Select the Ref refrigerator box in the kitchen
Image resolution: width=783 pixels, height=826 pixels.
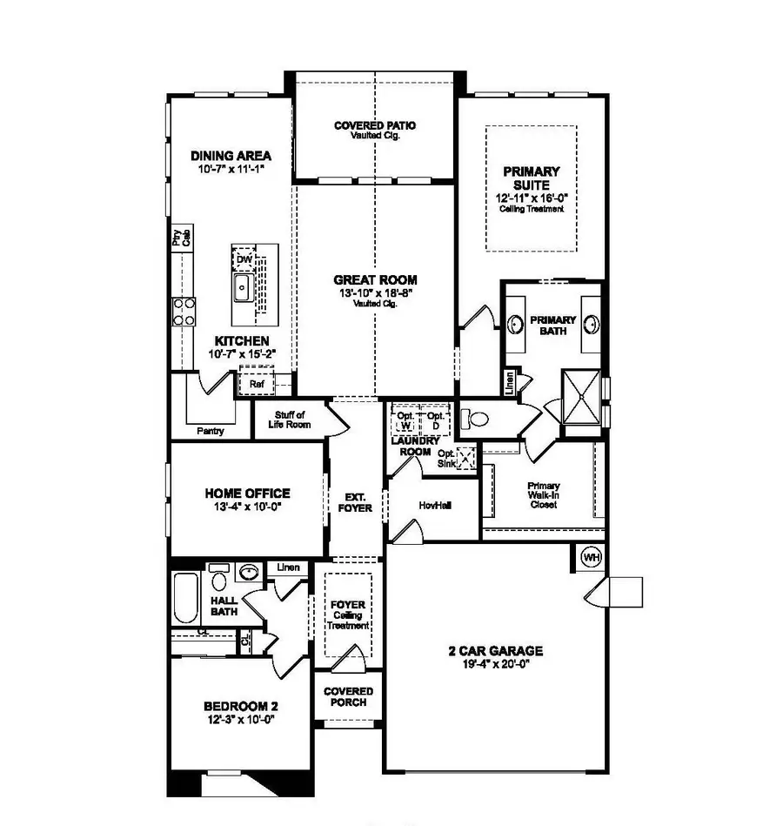257,383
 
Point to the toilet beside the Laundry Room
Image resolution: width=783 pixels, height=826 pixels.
475,420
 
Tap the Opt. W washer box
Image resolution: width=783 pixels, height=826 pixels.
404,420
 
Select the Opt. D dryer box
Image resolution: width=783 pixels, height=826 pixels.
435,420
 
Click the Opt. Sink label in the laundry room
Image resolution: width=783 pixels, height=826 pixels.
446,459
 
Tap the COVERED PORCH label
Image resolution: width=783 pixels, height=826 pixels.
348,696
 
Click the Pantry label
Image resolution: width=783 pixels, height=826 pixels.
211,430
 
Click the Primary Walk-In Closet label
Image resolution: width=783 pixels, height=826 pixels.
544,495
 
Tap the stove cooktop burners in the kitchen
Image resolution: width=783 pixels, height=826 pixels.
184,311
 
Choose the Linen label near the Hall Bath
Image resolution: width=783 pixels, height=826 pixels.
288,567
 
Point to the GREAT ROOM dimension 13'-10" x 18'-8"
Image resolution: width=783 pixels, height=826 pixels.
375,293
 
